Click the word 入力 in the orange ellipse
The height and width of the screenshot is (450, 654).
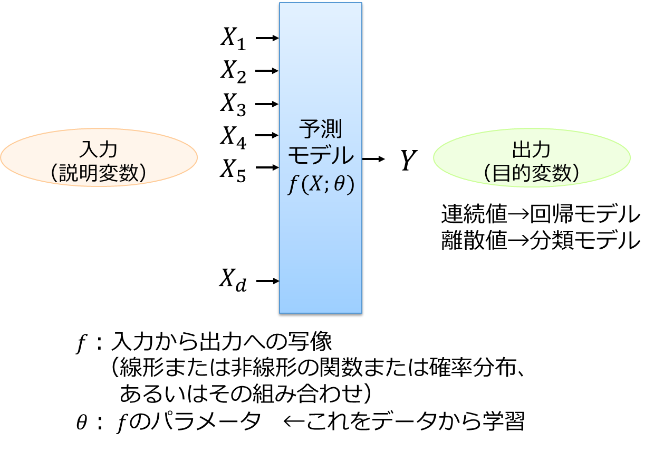(x=98, y=149)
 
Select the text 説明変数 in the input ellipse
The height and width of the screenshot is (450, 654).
(x=99, y=173)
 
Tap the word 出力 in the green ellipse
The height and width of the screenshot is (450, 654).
(x=532, y=149)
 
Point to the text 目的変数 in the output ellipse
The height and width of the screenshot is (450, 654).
(x=532, y=173)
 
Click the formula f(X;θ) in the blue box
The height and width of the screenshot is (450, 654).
(x=321, y=185)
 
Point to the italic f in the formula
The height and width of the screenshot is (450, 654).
(x=292, y=186)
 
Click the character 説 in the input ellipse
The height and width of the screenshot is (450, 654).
(x=69, y=173)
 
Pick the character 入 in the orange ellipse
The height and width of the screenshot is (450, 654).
(x=88, y=149)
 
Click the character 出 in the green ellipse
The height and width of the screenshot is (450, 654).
(x=521, y=149)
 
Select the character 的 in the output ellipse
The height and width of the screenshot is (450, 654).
(x=522, y=173)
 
